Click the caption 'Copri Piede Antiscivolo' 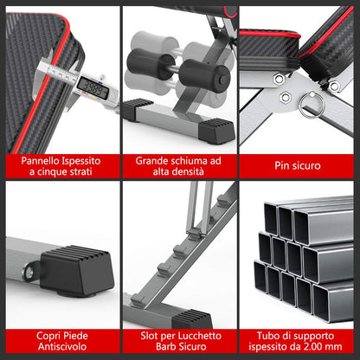59,339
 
